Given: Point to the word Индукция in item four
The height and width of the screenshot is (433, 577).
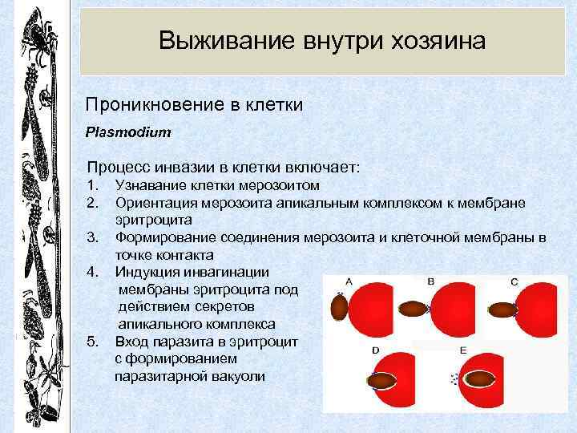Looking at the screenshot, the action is (146, 272).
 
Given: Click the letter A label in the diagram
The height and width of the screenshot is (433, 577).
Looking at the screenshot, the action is (349, 281).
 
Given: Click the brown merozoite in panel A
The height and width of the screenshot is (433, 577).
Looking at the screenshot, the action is (339, 307).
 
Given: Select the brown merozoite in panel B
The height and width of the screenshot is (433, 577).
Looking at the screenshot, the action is (414, 309).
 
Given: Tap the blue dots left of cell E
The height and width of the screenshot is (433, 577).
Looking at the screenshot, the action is (455, 377).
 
